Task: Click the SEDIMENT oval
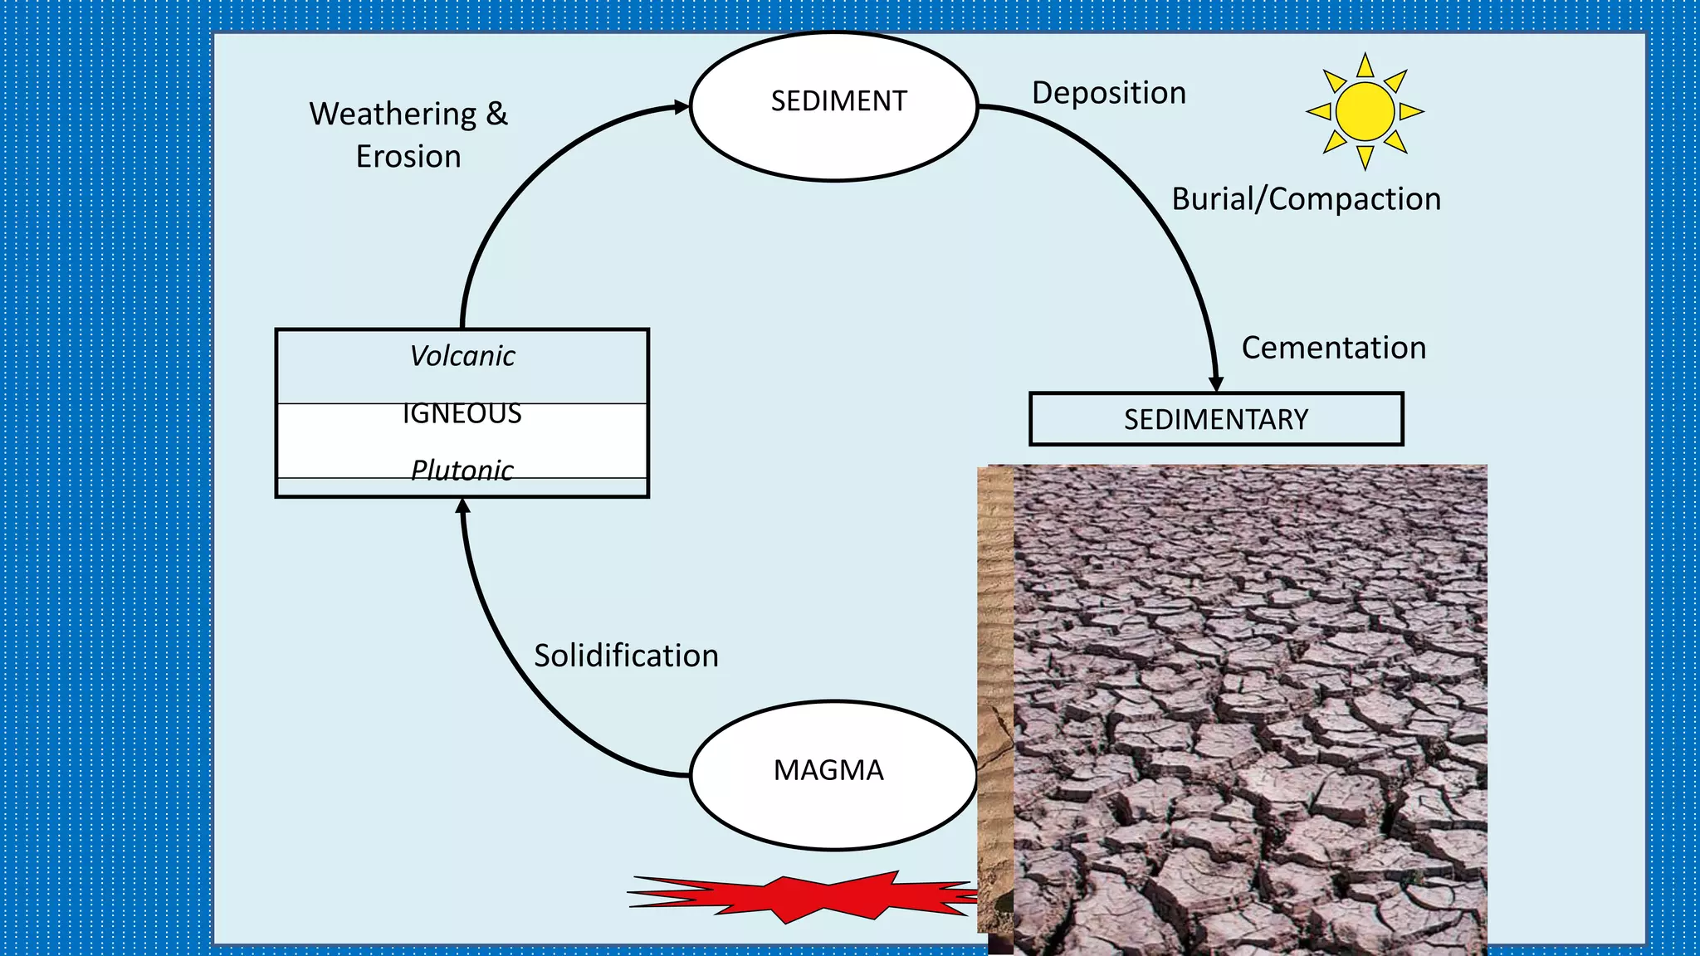pos(834,105)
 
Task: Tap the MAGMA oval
pos(833,775)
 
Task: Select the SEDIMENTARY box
pos(1215,419)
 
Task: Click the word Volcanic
pos(462,356)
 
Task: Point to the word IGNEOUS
pos(462,414)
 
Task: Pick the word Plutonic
pos(462,471)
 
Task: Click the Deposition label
pos(1108,93)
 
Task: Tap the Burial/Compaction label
pos(1306,199)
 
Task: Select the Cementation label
pos(1333,348)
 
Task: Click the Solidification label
pos(626,656)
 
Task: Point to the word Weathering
pos(393,114)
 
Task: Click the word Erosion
pos(408,156)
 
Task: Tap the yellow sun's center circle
pos(1365,111)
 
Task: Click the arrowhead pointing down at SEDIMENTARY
pos(1216,384)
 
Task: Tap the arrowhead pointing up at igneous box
pos(463,505)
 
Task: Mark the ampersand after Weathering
pos(496,114)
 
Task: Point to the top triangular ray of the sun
pos(1365,66)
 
